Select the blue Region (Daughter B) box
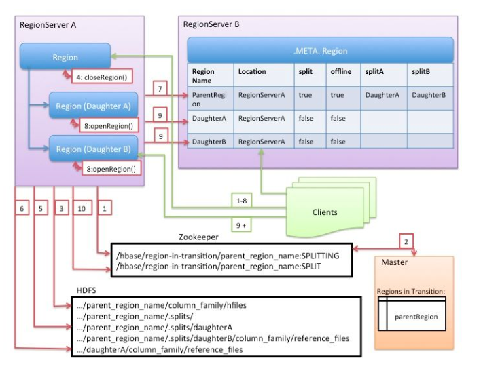point(93,149)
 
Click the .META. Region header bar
point(320,50)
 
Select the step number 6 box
point(22,209)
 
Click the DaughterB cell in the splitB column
point(428,96)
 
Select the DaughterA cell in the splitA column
point(381,96)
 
